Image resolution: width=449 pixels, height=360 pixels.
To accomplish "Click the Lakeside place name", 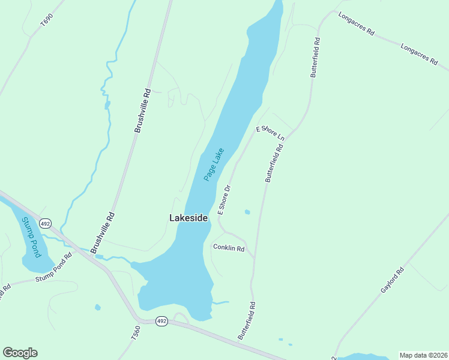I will (x=188, y=218).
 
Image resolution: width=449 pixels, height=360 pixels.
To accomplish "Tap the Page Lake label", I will (x=213, y=164).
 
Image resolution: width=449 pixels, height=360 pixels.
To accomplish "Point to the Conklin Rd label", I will (x=229, y=248).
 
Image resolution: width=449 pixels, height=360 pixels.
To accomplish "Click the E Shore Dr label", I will (x=224, y=200).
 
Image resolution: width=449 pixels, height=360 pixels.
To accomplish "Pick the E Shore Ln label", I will (x=270, y=133).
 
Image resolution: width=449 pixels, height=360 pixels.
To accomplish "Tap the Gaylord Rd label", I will (x=393, y=280).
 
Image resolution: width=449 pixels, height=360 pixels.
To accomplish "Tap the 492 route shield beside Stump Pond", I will (x=45, y=223).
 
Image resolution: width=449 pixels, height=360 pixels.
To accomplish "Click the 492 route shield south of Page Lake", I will (x=161, y=322).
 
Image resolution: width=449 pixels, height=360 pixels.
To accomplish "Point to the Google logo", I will (x=20, y=353).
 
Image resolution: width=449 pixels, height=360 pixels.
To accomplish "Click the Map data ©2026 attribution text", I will (x=423, y=355).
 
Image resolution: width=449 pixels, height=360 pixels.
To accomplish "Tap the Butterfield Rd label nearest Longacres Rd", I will (x=315, y=58).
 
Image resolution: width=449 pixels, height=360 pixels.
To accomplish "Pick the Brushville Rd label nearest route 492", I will (x=102, y=233).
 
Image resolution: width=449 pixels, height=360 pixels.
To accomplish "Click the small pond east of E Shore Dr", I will (x=247, y=212).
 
